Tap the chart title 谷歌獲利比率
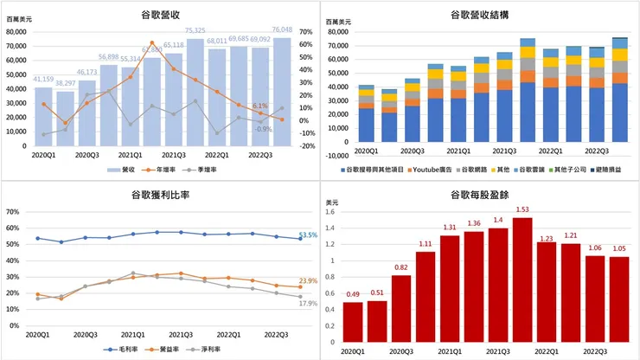click(x=159, y=196)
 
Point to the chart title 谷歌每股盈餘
click(x=480, y=196)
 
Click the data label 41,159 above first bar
click(x=44, y=80)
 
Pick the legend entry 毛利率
click(x=118, y=349)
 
